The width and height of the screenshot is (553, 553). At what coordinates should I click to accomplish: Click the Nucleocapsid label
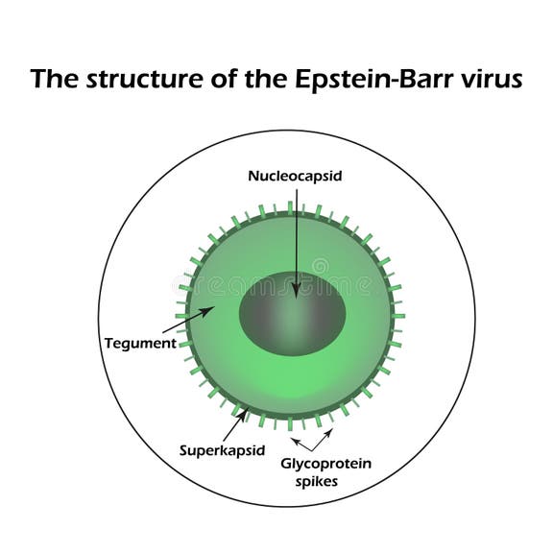296,176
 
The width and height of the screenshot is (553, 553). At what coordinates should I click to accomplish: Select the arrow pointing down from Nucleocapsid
296,240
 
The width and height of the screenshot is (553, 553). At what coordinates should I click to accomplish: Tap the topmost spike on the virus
289,206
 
